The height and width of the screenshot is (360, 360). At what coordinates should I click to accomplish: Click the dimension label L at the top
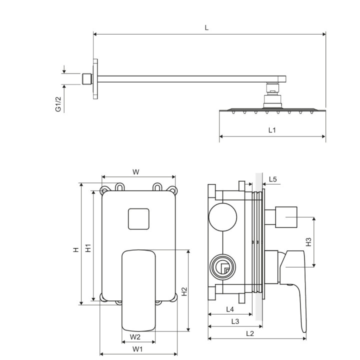tap(206, 28)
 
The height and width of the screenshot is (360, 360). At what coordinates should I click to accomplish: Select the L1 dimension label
tap(272, 130)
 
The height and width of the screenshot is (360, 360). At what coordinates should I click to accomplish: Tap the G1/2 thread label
tap(58, 104)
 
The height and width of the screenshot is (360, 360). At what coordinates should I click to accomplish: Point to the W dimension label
tap(136, 171)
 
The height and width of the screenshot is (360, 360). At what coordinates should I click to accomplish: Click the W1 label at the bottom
tap(137, 349)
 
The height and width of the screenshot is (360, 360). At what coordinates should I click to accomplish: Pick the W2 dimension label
tap(135, 337)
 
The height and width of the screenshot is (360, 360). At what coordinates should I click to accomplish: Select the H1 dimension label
tap(88, 248)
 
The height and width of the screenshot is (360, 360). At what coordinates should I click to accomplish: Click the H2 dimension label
tap(184, 291)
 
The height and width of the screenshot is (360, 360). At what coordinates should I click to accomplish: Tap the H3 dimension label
tap(308, 242)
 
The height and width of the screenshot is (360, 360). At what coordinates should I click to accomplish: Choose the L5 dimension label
tap(273, 179)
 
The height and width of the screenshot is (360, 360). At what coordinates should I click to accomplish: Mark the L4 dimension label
tap(230, 309)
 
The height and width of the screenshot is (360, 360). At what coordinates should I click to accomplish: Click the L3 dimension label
tap(235, 321)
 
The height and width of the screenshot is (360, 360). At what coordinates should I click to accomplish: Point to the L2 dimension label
tap(250, 333)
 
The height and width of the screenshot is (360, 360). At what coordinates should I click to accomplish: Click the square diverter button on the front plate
tap(138, 219)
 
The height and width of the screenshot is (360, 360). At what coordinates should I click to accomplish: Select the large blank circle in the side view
tap(222, 217)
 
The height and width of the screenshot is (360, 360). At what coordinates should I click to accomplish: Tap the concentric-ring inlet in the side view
tap(222, 266)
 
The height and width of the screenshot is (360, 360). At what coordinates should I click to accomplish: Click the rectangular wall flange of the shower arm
tap(95, 79)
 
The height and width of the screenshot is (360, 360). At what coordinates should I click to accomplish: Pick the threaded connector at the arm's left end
tap(87, 79)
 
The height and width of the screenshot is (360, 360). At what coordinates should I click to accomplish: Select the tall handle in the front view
tap(138, 290)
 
